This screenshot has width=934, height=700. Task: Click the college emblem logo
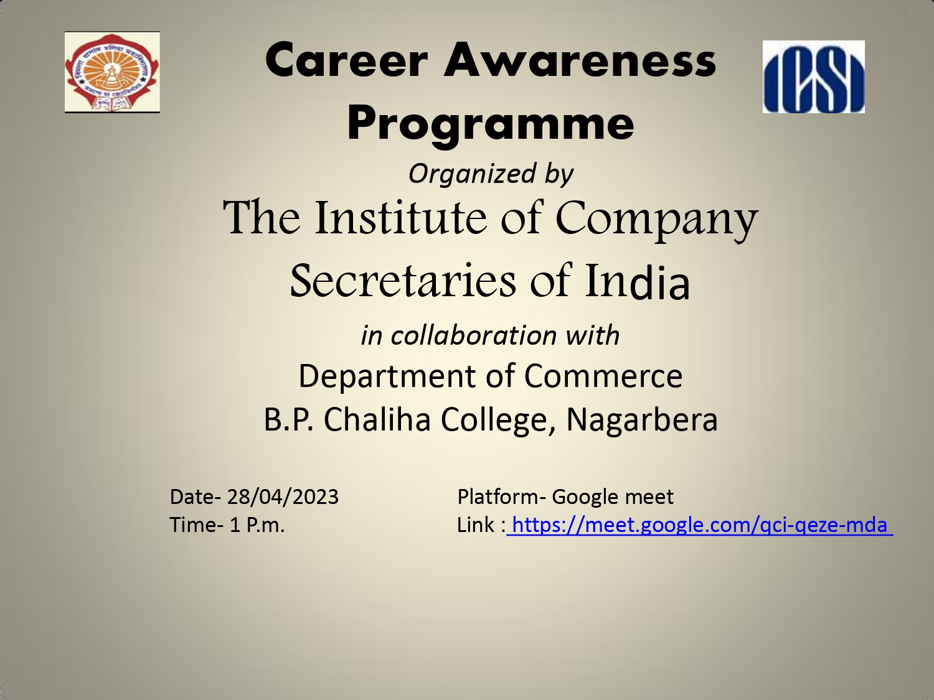[x=112, y=72]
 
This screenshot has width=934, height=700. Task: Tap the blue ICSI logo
[x=814, y=77]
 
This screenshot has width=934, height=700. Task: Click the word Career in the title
[x=346, y=60]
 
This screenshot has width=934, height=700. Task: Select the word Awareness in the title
[x=580, y=60]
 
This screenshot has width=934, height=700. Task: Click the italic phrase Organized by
[x=491, y=175]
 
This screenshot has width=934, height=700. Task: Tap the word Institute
[x=400, y=217]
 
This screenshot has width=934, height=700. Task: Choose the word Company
[x=656, y=221]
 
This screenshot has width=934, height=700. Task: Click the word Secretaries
[x=403, y=280]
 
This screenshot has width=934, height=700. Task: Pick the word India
[x=637, y=280]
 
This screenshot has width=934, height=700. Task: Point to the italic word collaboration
[x=474, y=335]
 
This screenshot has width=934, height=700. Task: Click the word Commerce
[x=603, y=376]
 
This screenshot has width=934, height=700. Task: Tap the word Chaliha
[x=377, y=420]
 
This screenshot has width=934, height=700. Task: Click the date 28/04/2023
[x=283, y=497]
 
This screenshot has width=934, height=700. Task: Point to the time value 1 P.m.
[x=257, y=525]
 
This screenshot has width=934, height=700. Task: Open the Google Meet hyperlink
[x=700, y=526]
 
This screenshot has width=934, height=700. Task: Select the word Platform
[x=498, y=497]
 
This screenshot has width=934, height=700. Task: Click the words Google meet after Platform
[x=613, y=497]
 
